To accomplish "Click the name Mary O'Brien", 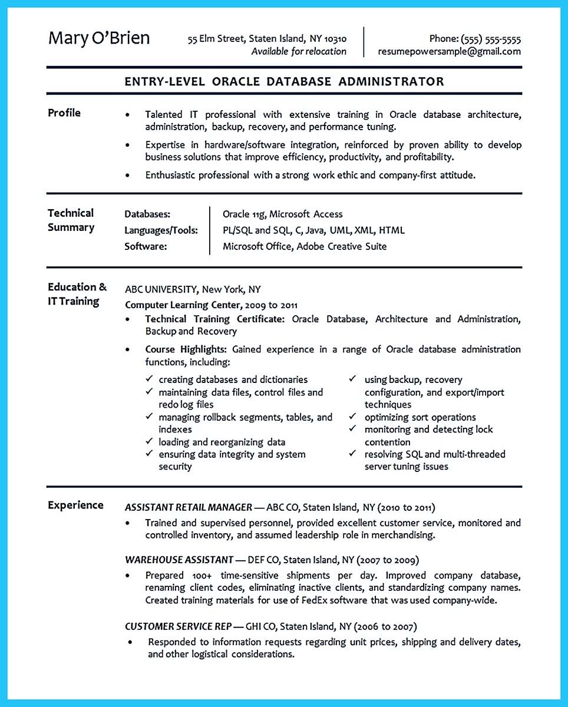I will [99, 38].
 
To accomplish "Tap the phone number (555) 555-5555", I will [491, 39].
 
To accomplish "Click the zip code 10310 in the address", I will [335, 39].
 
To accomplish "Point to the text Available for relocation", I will [299, 51].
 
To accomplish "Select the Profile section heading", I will [64, 113].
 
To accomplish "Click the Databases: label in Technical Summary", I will [147, 214].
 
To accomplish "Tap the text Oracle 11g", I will [244, 214].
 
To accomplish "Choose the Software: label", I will [146, 246].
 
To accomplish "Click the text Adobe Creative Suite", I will [341, 246].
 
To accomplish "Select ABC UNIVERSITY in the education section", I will [160, 289].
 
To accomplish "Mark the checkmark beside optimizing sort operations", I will [352, 417].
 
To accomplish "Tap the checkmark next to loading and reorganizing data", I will [149, 441].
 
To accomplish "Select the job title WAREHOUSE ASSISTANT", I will [179, 560].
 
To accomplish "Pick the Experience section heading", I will [75, 505].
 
